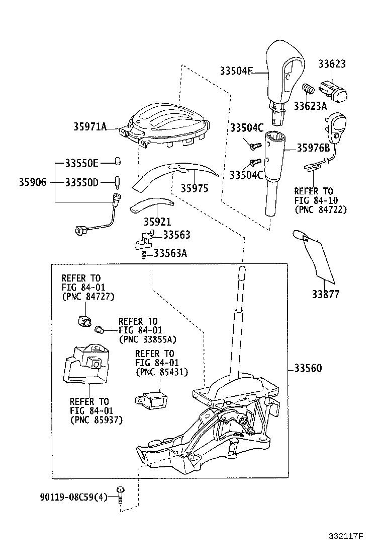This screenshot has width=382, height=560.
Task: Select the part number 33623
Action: (332, 64)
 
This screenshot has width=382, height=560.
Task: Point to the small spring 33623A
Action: (308, 90)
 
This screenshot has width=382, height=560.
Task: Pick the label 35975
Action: (195, 188)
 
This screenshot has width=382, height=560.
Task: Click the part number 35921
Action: (157, 222)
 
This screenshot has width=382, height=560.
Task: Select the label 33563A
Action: (170, 253)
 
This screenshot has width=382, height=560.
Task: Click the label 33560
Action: (308, 369)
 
